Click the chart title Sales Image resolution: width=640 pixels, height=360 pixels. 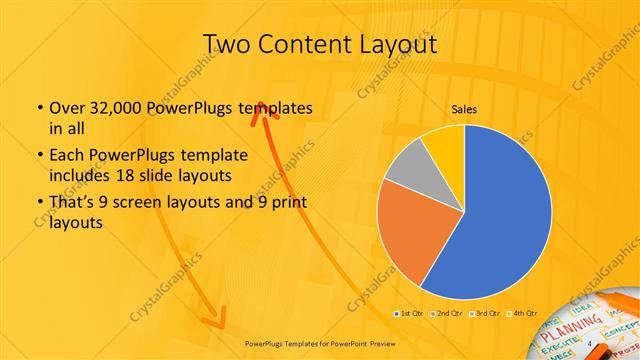pyautogui.click(x=463, y=108)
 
